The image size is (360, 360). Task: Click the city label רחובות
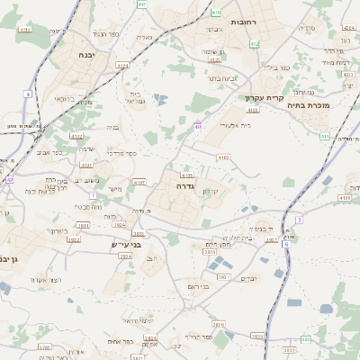[x=245, y=21]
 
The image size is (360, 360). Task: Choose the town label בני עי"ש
[x=136, y=243]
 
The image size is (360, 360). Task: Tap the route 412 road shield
[x=255, y=43]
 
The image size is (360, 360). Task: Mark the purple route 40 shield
[x=197, y=127]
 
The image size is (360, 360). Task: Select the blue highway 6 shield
[x=286, y=243]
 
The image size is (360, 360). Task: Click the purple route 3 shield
[x=299, y=220]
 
